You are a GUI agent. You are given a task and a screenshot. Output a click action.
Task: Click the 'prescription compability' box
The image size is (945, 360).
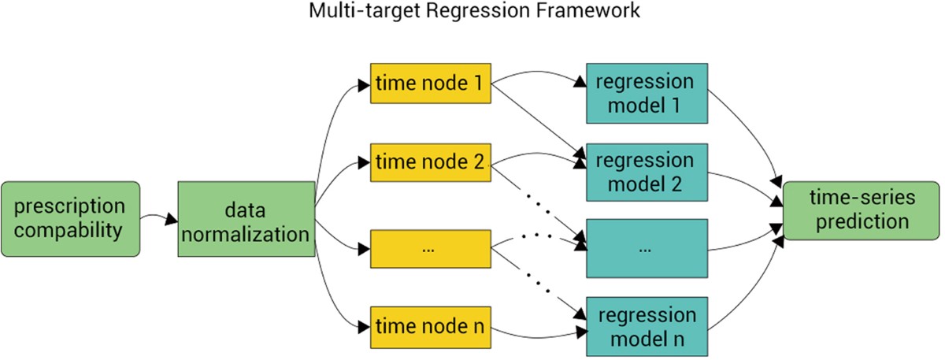[x=70, y=219]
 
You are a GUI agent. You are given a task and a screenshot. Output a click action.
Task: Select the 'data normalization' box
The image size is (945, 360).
[x=246, y=219]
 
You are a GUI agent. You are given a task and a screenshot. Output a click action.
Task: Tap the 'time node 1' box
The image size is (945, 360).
[x=431, y=84]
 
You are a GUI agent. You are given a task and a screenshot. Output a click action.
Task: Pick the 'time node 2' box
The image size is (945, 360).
[x=431, y=163]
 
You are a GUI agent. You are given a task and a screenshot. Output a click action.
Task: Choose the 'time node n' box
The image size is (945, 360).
[x=431, y=328]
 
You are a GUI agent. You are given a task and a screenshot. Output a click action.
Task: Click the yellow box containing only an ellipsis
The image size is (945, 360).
[x=431, y=249]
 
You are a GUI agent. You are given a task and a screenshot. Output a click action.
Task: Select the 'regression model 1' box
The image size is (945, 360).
[x=647, y=93]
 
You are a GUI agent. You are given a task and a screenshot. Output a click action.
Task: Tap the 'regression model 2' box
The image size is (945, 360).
[x=647, y=173]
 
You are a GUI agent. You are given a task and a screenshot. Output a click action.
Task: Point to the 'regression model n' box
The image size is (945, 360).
[x=647, y=327]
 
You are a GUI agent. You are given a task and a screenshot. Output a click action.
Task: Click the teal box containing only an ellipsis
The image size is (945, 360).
[x=647, y=248]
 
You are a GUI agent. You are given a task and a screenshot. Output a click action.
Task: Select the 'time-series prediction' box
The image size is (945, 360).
[x=862, y=210]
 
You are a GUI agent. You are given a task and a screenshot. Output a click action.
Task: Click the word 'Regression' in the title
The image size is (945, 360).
[x=477, y=10]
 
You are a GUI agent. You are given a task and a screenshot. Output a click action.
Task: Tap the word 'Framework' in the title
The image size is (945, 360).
[x=588, y=10]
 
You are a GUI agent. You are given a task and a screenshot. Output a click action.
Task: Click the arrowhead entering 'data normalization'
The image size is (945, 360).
[x=172, y=219]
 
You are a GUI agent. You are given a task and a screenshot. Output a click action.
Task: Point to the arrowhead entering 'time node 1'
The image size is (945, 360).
[x=364, y=86]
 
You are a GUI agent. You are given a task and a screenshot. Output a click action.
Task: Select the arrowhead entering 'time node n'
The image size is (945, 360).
[x=364, y=327]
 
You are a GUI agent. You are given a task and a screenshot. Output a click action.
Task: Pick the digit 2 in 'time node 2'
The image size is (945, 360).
[x=479, y=162]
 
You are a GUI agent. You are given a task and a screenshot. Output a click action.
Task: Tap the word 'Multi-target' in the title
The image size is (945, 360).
[x=364, y=10]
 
